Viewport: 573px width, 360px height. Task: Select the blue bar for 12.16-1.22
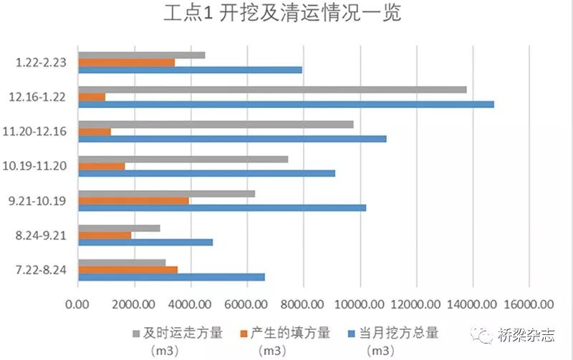coord(286,104)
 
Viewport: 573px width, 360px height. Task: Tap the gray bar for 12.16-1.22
coord(272,89)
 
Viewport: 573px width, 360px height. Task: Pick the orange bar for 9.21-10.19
coord(133,200)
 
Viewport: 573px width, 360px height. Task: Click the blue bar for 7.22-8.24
coord(171,277)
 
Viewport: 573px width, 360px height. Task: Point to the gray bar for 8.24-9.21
coord(119,228)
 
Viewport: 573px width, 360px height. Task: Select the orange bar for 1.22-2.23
coord(126,62)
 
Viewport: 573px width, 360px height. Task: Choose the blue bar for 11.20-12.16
coord(232,138)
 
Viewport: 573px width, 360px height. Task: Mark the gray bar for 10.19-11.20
coord(183,159)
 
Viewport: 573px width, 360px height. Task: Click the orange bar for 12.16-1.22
coord(92,97)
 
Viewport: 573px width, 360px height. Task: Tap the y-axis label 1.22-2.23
coord(42,62)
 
